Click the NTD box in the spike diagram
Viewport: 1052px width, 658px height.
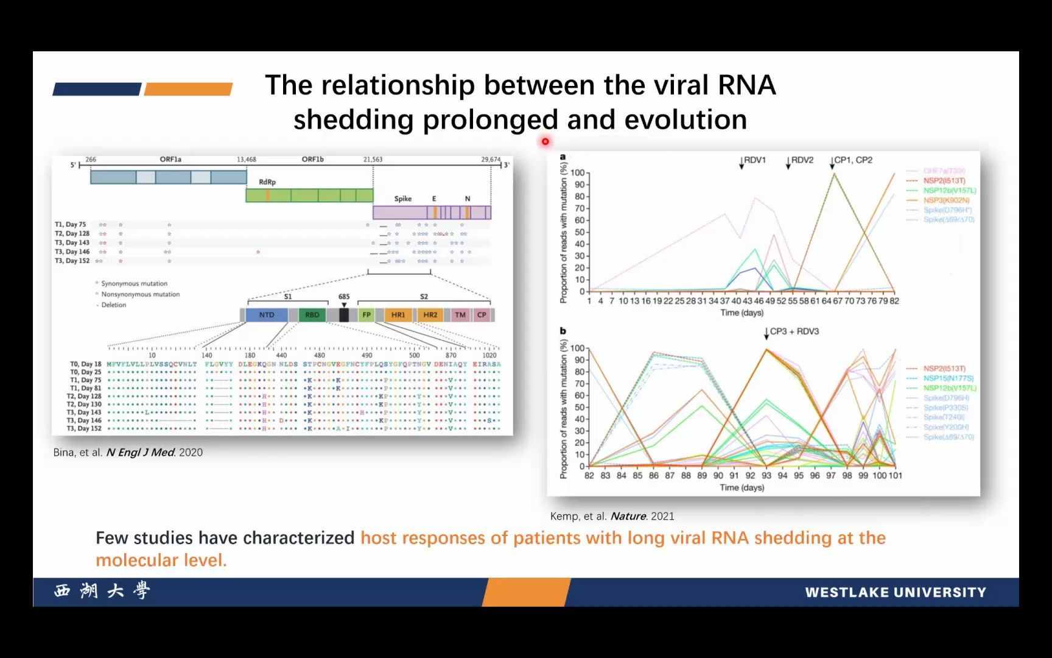coord(267,315)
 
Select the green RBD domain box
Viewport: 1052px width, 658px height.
coord(312,315)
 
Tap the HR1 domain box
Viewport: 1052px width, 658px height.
coord(398,315)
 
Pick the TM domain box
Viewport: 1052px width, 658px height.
coord(460,315)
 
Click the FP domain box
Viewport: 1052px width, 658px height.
coord(366,315)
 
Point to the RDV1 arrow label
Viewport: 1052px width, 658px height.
coord(754,160)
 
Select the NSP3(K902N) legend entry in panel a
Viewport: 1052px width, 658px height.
coord(946,200)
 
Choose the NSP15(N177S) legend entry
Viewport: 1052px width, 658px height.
coord(948,378)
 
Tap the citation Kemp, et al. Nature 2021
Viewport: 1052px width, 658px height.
coord(612,516)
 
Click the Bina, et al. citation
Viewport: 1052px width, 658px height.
coord(128,452)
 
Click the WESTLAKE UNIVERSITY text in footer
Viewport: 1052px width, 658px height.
coord(895,592)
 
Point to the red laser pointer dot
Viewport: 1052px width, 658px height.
coord(545,141)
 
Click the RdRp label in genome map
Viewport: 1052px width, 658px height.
coord(267,182)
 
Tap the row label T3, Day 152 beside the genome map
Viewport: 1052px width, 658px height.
coord(72,261)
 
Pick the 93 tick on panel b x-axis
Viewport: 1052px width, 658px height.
coord(766,475)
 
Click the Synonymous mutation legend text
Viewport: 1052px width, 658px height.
coord(134,283)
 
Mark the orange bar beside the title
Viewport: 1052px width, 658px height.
coord(188,89)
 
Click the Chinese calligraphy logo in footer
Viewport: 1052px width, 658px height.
coord(102,591)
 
